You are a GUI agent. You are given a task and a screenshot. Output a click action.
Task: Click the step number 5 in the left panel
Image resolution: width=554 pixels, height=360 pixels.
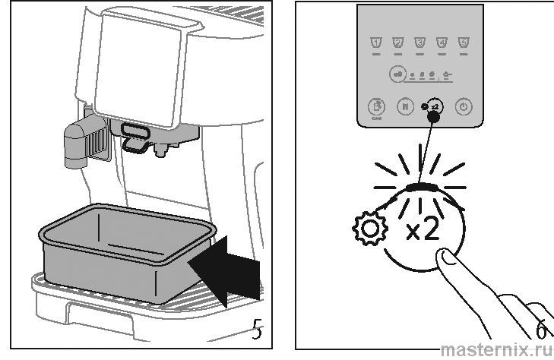[x=258, y=332]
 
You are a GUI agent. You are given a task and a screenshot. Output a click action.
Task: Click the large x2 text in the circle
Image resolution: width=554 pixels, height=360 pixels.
[x=422, y=229]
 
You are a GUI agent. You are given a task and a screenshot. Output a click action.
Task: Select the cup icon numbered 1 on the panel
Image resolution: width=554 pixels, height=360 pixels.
[x=374, y=43]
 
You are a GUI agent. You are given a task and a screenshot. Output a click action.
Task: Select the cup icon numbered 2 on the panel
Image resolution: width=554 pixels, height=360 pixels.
[x=397, y=43]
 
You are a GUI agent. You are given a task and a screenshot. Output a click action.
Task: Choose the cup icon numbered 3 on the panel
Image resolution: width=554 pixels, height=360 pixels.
[x=419, y=43]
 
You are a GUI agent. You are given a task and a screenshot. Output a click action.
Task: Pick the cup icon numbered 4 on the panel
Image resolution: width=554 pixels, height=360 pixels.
[x=442, y=43]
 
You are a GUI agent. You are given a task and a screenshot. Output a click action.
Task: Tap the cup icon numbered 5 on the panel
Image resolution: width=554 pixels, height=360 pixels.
[x=464, y=43]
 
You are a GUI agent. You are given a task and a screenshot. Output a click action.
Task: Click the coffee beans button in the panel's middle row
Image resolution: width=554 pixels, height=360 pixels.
[x=397, y=74]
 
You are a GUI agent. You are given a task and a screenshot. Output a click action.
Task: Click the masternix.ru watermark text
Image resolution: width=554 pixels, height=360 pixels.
[x=497, y=349]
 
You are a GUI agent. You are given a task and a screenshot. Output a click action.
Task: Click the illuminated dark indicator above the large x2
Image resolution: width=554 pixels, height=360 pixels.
[x=423, y=187]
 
